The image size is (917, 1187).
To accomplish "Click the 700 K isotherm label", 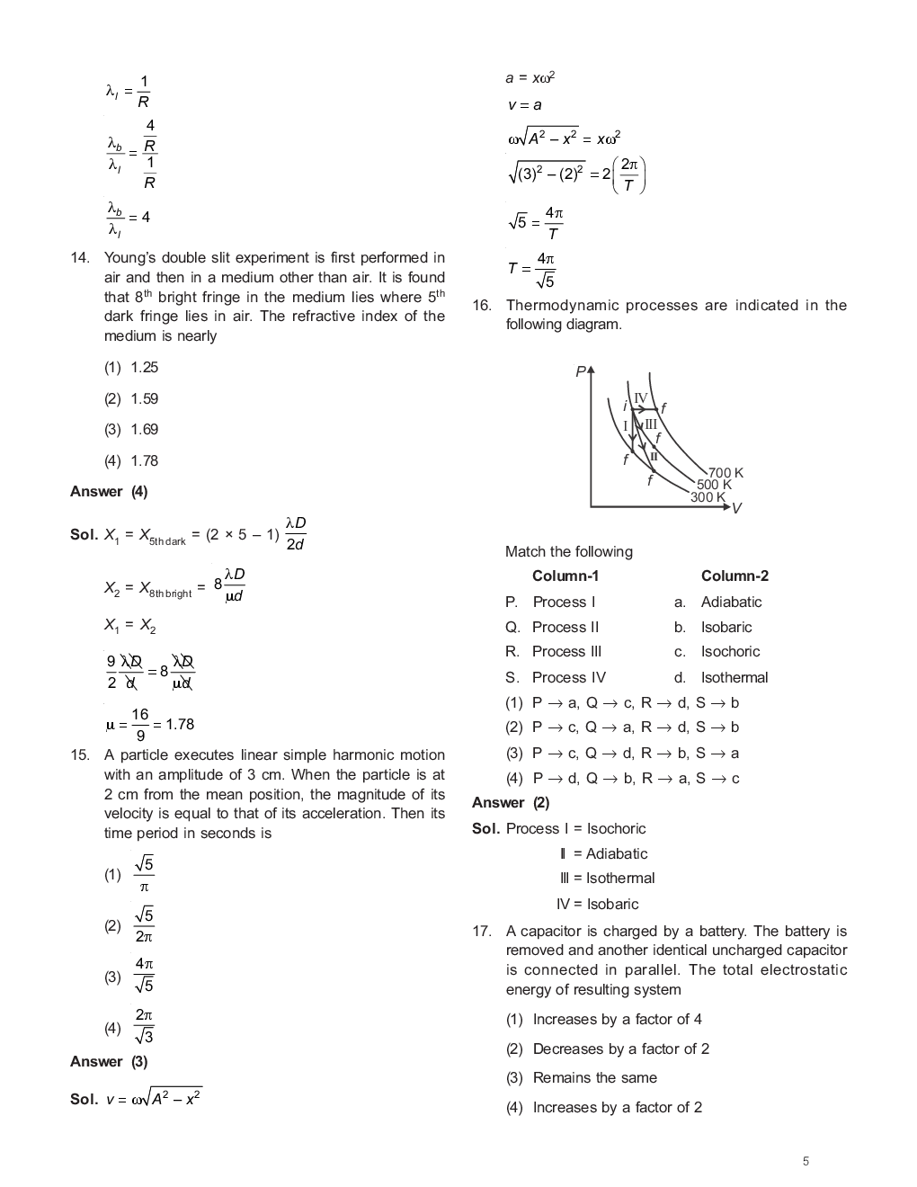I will click(x=726, y=473).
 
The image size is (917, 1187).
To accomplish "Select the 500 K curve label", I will click(x=715, y=485).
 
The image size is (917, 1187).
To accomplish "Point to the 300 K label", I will click(x=708, y=497).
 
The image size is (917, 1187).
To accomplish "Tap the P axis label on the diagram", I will click(x=580, y=371).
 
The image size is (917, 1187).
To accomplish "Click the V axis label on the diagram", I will click(x=736, y=509).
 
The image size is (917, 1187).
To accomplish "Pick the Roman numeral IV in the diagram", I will click(x=640, y=398).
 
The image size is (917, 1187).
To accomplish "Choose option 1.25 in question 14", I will click(x=144, y=367).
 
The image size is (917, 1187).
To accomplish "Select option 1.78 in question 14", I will click(x=144, y=460).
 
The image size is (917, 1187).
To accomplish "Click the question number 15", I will click(x=80, y=755).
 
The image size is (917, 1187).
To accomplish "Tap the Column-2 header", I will click(x=734, y=576).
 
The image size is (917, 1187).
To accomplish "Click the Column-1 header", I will click(x=565, y=576).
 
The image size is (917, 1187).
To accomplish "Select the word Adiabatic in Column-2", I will click(x=731, y=602).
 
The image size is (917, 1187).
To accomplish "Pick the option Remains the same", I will click(x=594, y=1078).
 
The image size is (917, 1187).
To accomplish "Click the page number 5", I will click(x=806, y=1161).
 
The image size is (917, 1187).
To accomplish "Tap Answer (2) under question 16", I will click(x=511, y=803).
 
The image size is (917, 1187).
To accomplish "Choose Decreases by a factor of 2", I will click(x=620, y=1049).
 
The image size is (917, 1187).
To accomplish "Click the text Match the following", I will click(x=569, y=552).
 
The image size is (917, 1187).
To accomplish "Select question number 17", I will click(x=482, y=932).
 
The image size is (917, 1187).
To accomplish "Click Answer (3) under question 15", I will click(x=109, y=1062).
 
